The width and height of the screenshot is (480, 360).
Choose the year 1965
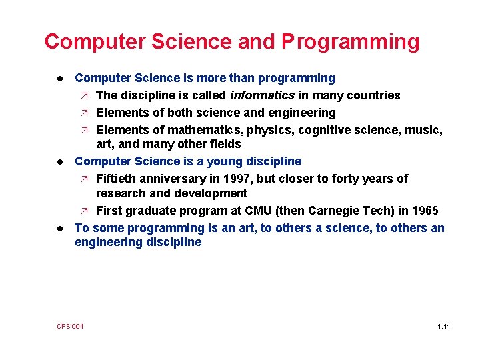(424, 211)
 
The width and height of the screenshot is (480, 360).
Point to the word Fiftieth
(117, 179)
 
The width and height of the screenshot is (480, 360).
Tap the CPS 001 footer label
(70, 326)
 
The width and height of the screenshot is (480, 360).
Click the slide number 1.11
(444, 326)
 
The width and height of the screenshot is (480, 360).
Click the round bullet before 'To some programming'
(59, 228)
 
